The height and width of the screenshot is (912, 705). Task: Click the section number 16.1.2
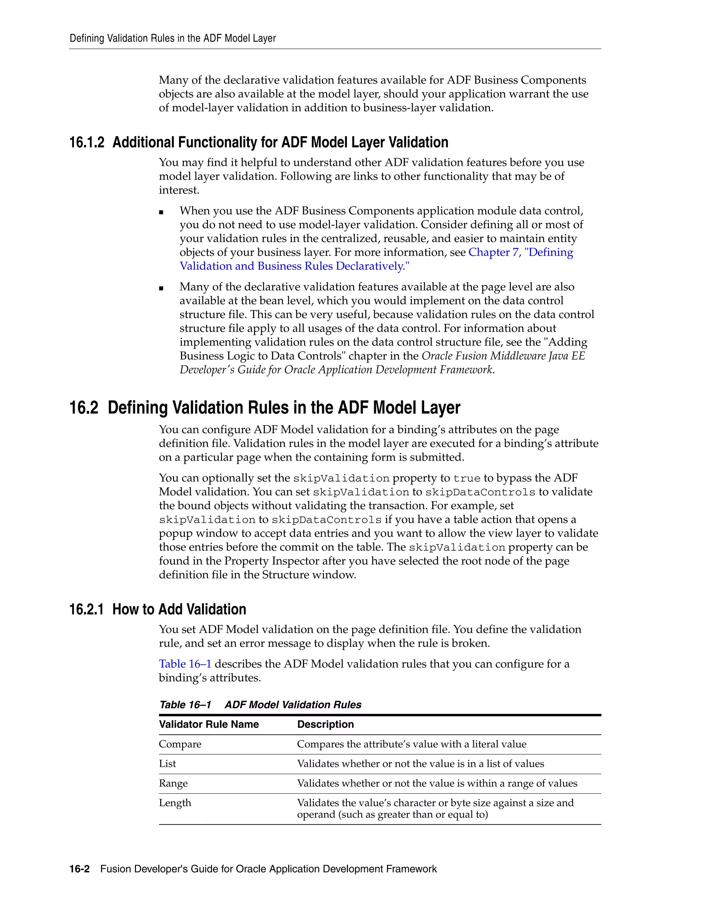point(86,143)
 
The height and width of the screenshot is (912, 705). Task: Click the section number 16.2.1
point(86,610)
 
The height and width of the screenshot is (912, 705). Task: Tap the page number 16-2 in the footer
point(80,869)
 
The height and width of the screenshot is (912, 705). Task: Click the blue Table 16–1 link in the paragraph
point(185,664)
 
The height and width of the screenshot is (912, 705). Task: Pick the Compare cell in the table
point(180,744)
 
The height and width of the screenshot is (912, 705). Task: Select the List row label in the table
point(168,764)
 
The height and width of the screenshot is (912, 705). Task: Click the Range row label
point(173,783)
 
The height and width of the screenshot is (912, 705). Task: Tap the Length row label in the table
point(175,803)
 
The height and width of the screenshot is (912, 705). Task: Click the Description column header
point(325,724)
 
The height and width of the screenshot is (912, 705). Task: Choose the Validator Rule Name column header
point(209,724)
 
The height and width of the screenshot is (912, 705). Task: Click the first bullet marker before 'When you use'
point(161,212)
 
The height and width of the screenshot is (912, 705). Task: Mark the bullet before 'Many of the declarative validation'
point(161,288)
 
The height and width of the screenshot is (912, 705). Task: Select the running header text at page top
point(172,39)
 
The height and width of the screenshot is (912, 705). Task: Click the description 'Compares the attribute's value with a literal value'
point(411,744)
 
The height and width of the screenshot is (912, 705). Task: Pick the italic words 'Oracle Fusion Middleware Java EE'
point(503,356)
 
